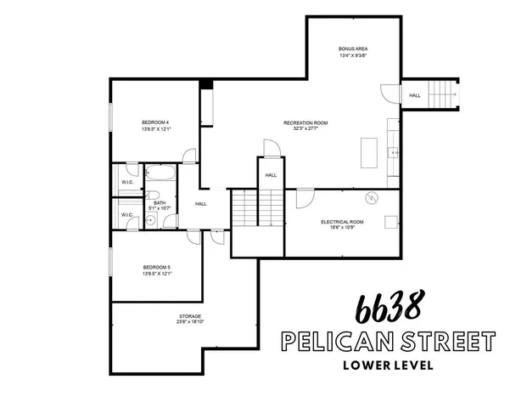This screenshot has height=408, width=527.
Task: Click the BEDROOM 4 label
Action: (x=155, y=122)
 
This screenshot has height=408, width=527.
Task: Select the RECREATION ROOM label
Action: (x=306, y=122)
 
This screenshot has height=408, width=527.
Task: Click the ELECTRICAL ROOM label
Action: (x=342, y=222)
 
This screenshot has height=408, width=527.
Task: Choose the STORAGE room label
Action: (x=165, y=316)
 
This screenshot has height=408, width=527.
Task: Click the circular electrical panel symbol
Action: (x=370, y=198)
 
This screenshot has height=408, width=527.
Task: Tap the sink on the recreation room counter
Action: (x=394, y=153)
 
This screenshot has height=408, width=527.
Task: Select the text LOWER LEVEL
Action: (x=389, y=366)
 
